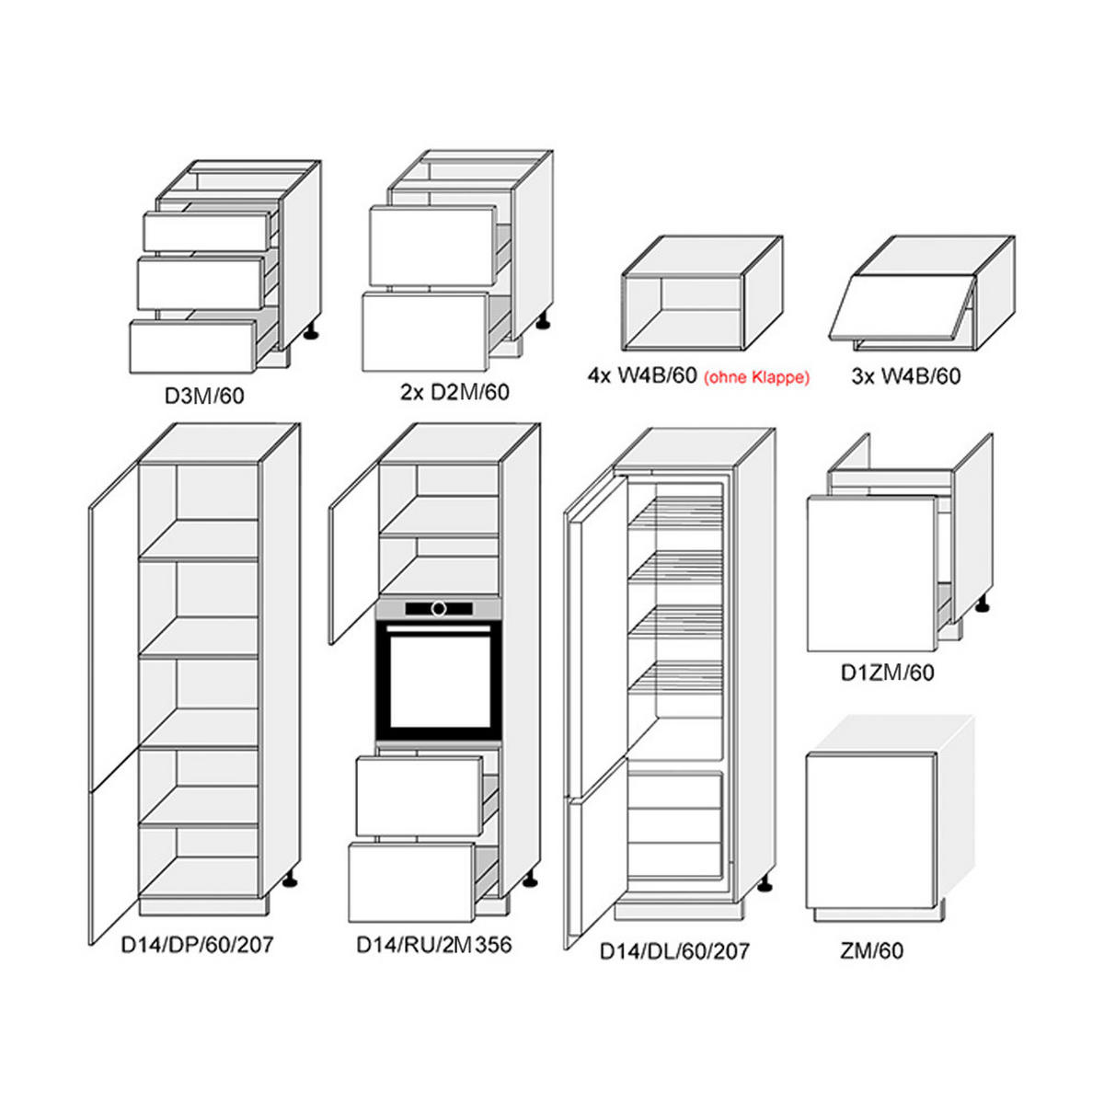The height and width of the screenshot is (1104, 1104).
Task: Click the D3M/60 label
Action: tap(204, 396)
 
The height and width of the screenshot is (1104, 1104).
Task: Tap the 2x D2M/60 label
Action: tap(454, 392)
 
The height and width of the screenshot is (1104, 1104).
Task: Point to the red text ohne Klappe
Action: tap(756, 377)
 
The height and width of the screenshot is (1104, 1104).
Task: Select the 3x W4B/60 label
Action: tap(905, 376)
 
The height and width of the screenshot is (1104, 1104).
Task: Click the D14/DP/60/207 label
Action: tap(197, 944)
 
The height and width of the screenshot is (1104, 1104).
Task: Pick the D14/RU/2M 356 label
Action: tap(433, 944)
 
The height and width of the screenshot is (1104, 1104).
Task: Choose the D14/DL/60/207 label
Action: tap(674, 951)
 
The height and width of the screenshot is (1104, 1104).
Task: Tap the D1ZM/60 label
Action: tap(888, 673)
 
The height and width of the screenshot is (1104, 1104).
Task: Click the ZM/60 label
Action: tap(872, 950)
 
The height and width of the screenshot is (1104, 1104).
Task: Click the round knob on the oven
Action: tap(439, 608)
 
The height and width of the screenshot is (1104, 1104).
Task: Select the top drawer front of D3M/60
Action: tap(206, 232)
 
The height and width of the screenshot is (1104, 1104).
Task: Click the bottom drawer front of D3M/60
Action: tap(193, 347)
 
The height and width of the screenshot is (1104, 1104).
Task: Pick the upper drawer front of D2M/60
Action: tap(432, 246)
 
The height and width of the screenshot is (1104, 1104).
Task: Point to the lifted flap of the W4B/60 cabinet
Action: tap(902, 307)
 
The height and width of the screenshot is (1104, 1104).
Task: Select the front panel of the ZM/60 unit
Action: tap(870, 832)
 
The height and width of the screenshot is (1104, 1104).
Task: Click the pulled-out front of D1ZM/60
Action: tap(872, 573)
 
